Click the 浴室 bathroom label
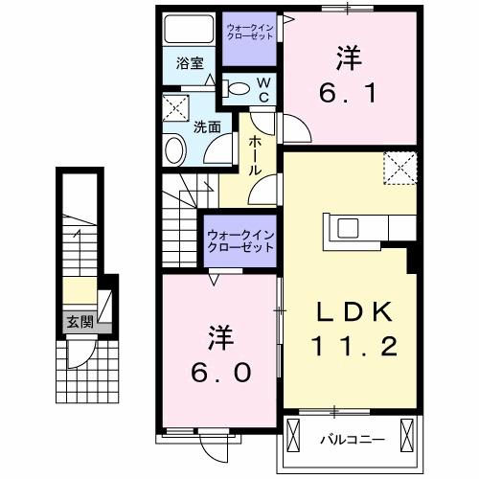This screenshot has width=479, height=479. (x=190, y=64)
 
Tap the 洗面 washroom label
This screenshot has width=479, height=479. (x=208, y=125)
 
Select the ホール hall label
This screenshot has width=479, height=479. (x=257, y=153)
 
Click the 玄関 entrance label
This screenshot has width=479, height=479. (x=80, y=322)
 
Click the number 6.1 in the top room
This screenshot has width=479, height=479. (x=349, y=93)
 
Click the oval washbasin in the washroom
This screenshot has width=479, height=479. (x=175, y=150)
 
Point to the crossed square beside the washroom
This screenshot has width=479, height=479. (x=174, y=106)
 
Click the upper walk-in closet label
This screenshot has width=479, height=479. (x=250, y=34)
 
